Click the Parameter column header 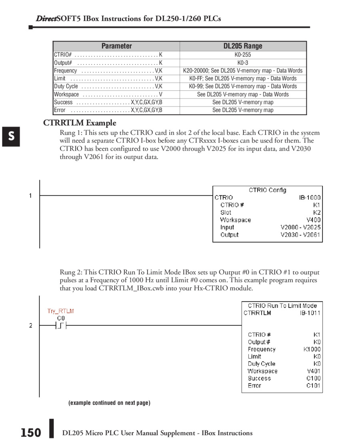[x=116, y=46]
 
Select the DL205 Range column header [x=243, y=46]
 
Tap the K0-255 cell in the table [x=243, y=54]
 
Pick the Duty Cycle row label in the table [x=66, y=86]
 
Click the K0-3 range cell [x=243, y=62]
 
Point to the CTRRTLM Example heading [x=80, y=123]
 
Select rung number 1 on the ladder [x=30, y=195]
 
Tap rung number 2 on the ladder [x=30, y=325]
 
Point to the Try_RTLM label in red [x=61, y=311]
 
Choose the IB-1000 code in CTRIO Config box [x=310, y=197]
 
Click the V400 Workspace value [x=313, y=220]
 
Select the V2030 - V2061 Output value [x=300, y=235]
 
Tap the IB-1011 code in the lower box [x=310, y=313]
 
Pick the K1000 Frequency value [x=312, y=349]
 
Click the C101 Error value [x=314, y=386]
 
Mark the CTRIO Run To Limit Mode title [x=282, y=305]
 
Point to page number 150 [x=31, y=433]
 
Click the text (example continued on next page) [x=109, y=403]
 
